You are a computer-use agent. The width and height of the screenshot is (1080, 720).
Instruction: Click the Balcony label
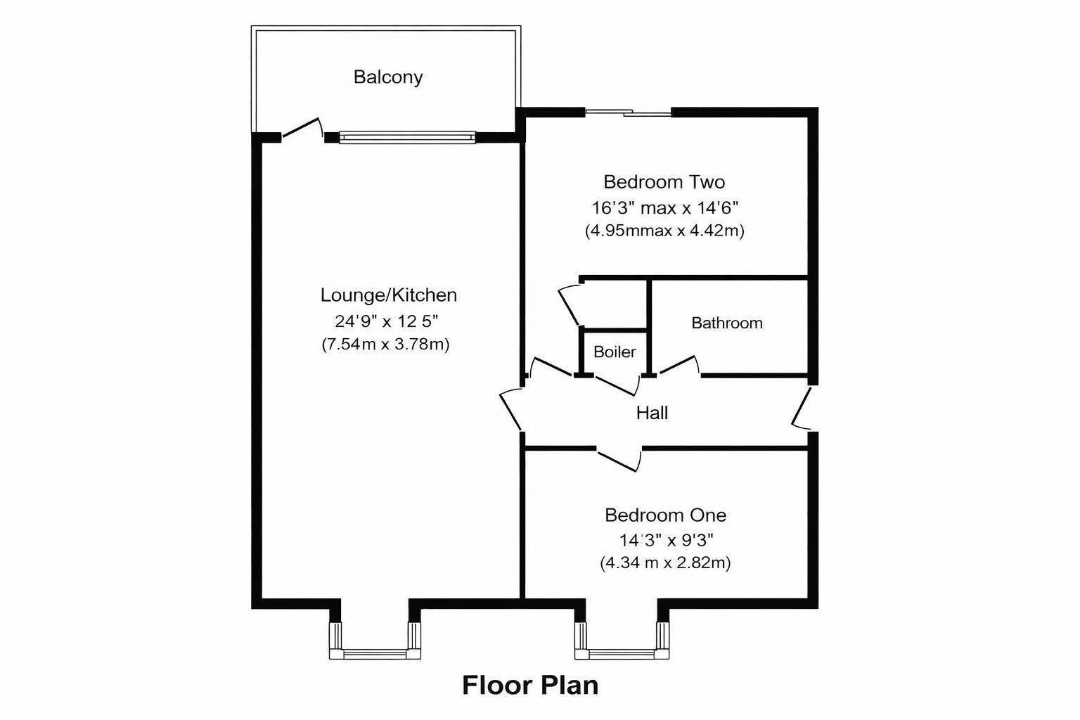pyautogui.click(x=388, y=77)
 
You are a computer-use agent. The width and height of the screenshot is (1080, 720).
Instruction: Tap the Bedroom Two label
pyautogui.click(x=664, y=182)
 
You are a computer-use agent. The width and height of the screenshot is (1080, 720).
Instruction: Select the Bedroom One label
pyautogui.click(x=665, y=515)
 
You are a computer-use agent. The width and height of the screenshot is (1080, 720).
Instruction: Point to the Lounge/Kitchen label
pyautogui.click(x=388, y=295)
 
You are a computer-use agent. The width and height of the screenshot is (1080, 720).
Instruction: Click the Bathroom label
pyautogui.click(x=726, y=323)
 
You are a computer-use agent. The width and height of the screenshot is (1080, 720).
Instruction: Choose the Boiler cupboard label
pyautogui.click(x=614, y=352)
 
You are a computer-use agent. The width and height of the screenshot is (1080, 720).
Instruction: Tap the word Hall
pyautogui.click(x=652, y=413)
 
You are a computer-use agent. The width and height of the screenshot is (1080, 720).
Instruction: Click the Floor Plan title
pyautogui.click(x=530, y=685)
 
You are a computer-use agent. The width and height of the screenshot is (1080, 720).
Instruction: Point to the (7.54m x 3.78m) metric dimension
pyautogui.click(x=385, y=344)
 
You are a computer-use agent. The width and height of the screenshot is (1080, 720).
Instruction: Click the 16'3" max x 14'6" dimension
pyautogui.click(x=664, y=207)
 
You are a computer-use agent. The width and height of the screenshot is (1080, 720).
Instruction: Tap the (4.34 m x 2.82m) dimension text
pyautogui.click(x=665, y=562)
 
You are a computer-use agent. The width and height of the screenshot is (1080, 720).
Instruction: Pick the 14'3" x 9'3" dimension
pyautogui.click(x=665, y=540)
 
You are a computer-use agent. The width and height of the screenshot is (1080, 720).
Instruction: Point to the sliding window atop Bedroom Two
pyautogui.click(x=628, y=111)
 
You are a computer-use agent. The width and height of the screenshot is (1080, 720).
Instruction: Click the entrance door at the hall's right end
pyautogui.click(x=803, y=408)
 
